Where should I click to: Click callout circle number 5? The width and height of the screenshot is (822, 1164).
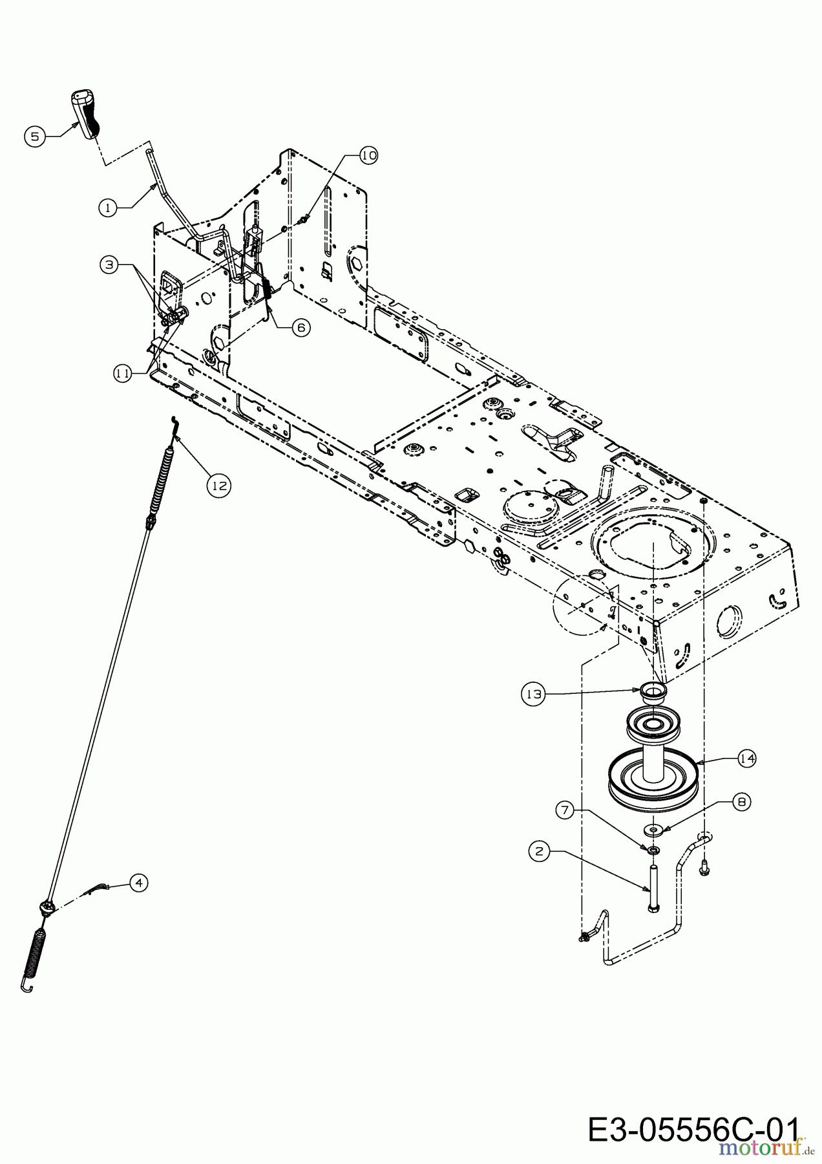(x=35, y=136)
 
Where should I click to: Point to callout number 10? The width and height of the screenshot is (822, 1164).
(x=368, y=156)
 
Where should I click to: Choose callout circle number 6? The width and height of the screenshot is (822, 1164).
(x=300, y=328)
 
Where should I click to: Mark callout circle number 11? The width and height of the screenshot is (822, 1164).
(x=123, y=373)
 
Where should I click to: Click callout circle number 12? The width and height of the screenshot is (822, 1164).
(x=220, y=485)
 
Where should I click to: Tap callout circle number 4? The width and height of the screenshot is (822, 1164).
(x=138, y=882)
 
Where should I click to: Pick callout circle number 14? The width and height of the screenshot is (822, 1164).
(x=747, y=759)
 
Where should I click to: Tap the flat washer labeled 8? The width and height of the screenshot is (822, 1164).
(x=654, y=828)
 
